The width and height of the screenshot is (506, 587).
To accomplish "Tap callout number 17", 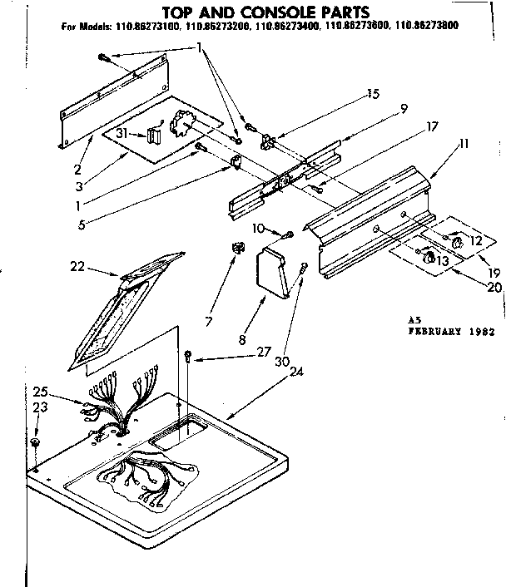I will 408,128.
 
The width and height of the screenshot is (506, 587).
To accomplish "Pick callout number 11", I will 464,144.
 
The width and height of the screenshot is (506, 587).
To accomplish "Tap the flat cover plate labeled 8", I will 275,269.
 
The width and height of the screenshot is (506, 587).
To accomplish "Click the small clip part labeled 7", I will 236,249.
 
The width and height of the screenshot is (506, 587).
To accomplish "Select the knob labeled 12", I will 458,243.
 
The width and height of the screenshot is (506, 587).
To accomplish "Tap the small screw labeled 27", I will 189,357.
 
